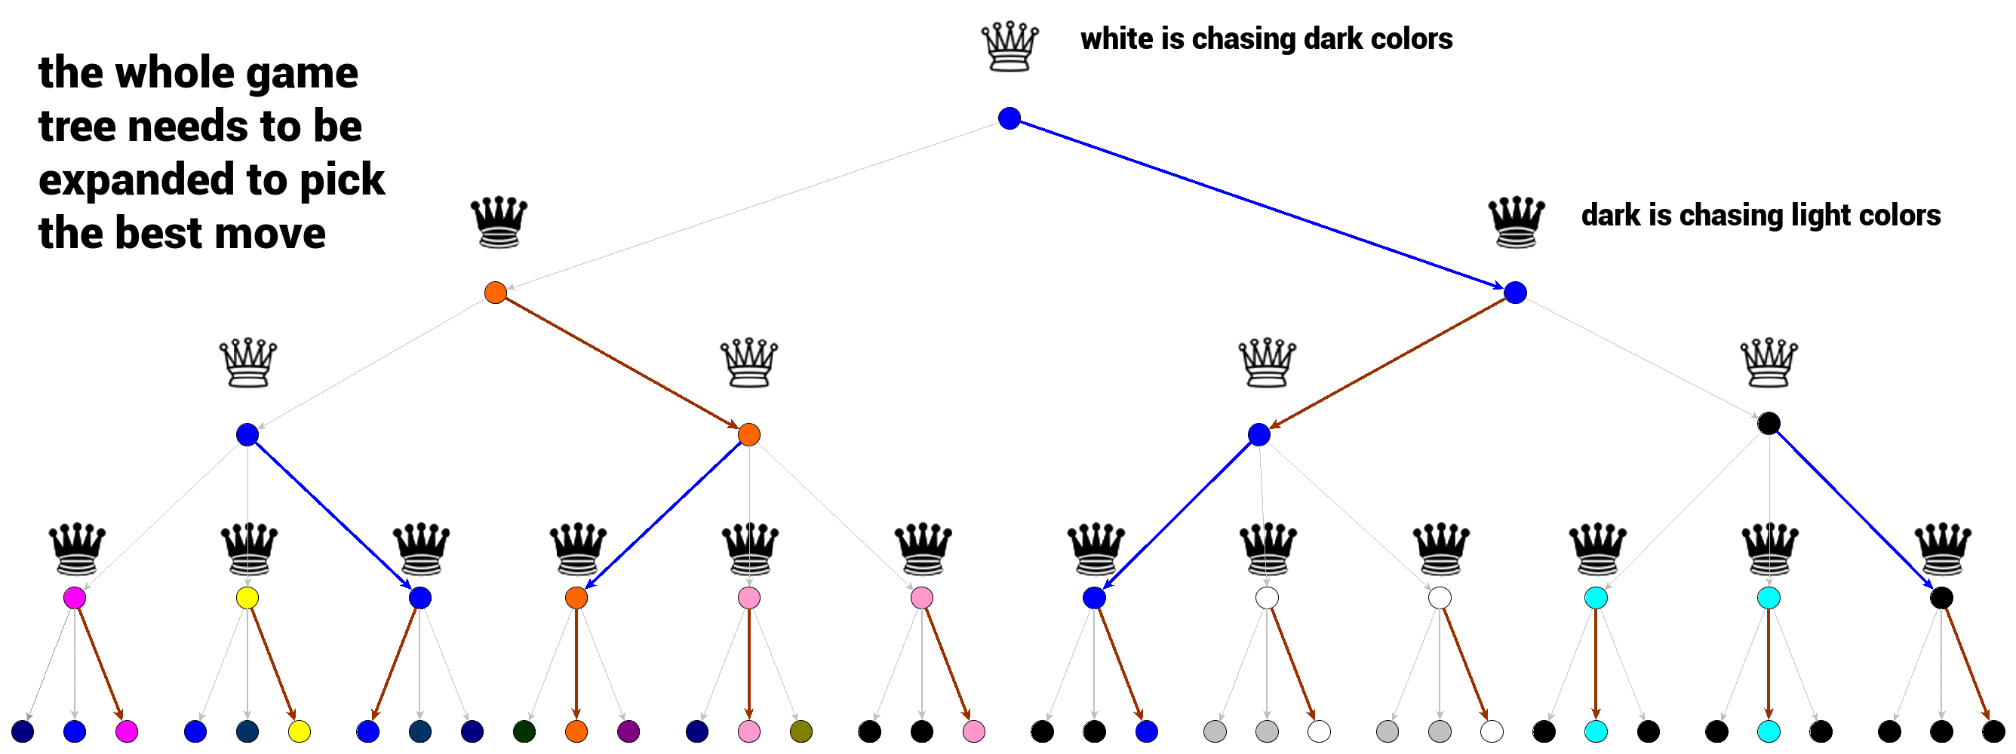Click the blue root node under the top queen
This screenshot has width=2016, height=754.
pyautogui.click(x=1009, y=118)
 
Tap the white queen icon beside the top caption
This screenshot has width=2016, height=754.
pyautogui.click(x=1009, y=48)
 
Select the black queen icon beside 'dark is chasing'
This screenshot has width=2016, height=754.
pyautogui.click(x=1514, y=222)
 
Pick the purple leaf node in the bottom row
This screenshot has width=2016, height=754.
pyautogui.click(x=628, y=731)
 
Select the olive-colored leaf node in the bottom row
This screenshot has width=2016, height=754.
pyautogui.click(x=801, y=731)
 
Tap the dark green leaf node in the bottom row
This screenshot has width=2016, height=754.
pyautogui.click(x=524, y=731)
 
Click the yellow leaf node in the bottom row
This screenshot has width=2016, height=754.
pyautogui.click(x=299, y=731)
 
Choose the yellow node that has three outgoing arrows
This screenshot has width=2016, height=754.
pyautogui.click(x=247, y=599)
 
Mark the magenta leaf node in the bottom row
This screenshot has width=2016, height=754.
pyautogui.click(x=127, y=731)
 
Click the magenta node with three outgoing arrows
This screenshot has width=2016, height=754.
pyautogui.click(x=75, y=599)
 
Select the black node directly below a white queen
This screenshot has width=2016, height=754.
pyautogui.click(x=1768, y=423)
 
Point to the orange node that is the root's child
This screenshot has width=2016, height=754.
pyautogui.click(x=496, y=293)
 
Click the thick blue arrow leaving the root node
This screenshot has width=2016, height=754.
pyautogui.click(x=1262, y=205)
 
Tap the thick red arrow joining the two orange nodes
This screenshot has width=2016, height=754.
pyautogui.click(x=622, y=363)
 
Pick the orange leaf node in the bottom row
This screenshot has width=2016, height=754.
pyautogui.click(x=576, y=731)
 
